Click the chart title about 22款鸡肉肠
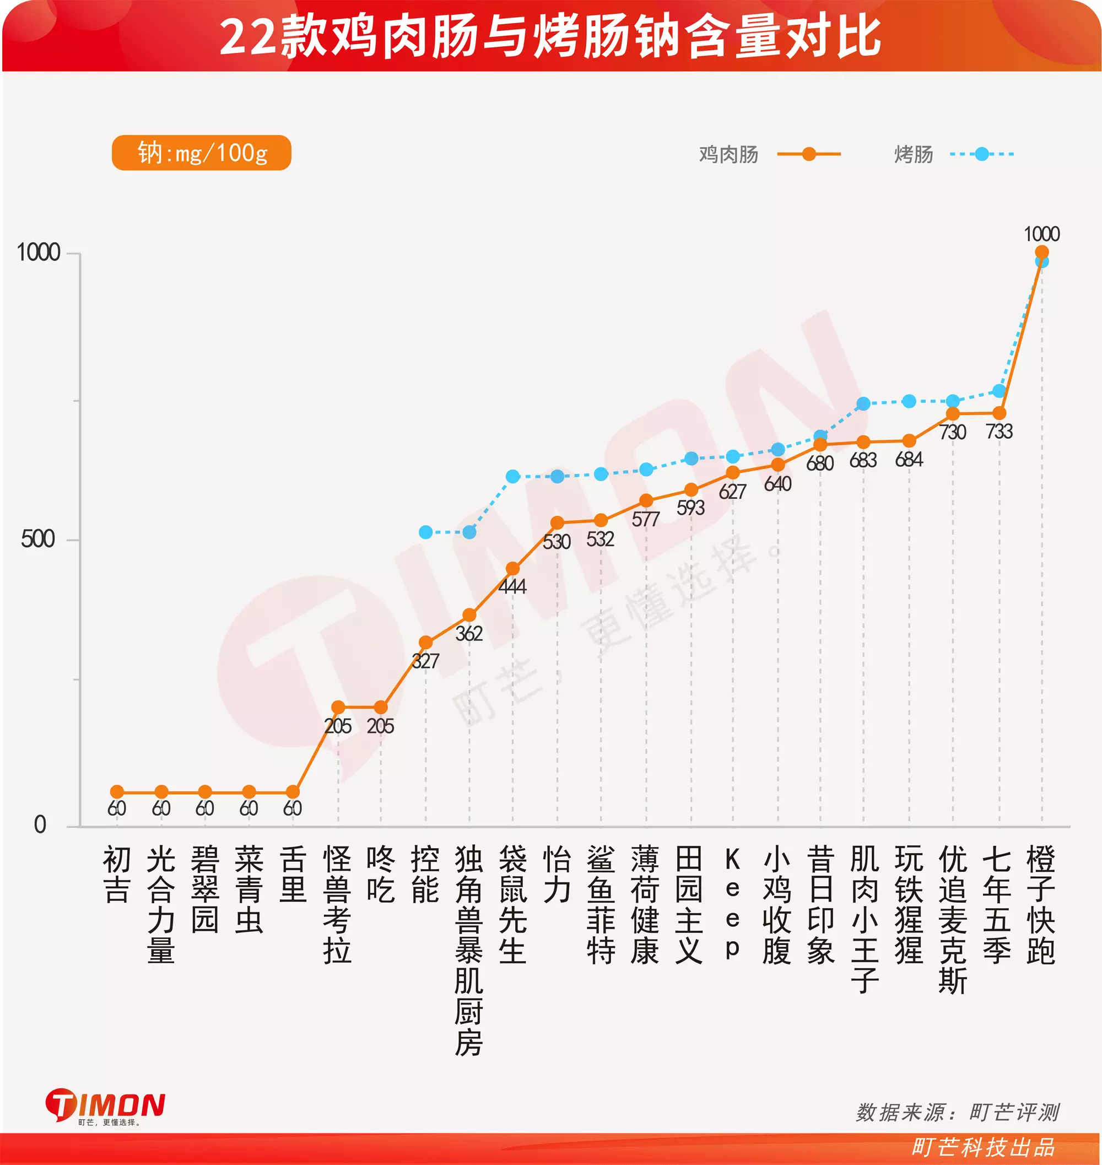tap(550, 36)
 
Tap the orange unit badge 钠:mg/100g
tap(202, 153)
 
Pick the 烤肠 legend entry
tap(953, 154)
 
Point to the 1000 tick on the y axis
tap(39, 252)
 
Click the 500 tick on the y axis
tap(38, 539)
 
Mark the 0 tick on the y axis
tap(40, 825)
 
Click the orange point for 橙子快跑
tap(1041, 252)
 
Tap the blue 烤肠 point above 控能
tap(426, 532)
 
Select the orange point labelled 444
tap(512, 569)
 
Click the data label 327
tap(425, 661)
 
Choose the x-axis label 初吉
tap(116, 875)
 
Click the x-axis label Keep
tap(732, 905)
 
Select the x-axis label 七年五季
tap(997, 905)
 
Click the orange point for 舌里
tap(293, 792)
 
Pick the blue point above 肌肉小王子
tap(863, 403)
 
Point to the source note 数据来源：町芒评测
tap(958, 1112)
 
